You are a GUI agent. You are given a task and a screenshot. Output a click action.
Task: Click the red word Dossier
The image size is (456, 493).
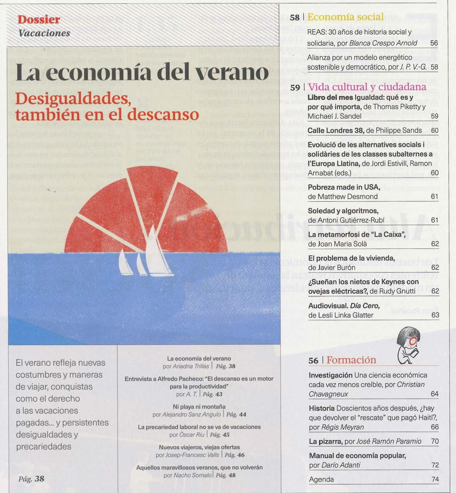tap(39, 20)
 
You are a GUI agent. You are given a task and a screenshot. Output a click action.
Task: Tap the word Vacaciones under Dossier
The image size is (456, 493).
tap(44, 33)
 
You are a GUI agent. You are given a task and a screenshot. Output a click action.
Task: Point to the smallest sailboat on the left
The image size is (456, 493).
tap(125, 263)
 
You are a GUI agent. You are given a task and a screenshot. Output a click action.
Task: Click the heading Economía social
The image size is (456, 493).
tap(345, 17)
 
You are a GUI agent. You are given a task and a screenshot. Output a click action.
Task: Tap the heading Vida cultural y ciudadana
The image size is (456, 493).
tap(367, 87)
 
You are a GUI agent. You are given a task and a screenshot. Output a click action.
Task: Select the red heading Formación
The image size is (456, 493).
tap(351, 360)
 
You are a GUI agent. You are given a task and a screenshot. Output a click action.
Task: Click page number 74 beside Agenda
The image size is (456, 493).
tap(435, 479)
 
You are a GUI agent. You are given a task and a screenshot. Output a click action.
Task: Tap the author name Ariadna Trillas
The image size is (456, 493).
tap(190, 366)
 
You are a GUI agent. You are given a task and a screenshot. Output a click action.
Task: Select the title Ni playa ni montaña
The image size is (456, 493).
tap(199, 407)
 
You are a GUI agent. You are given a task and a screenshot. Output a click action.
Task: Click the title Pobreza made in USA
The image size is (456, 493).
tap(344, 187)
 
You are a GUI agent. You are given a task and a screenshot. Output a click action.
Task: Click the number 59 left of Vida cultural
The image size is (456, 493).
tap(295, 88)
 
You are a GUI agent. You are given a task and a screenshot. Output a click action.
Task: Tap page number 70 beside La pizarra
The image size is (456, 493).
tap(434, 441)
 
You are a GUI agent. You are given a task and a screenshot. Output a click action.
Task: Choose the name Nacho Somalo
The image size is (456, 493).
tap(192, 475)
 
